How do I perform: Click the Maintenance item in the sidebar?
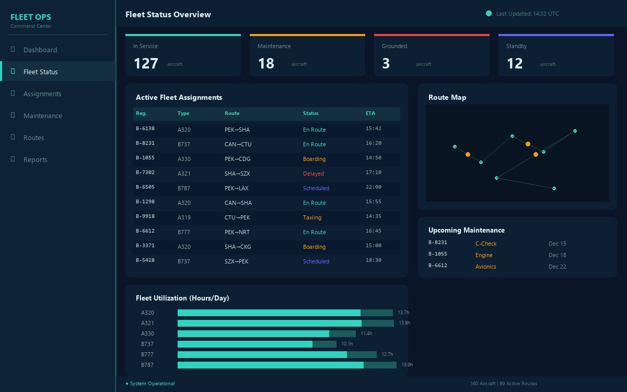42,116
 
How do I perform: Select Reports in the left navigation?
35,160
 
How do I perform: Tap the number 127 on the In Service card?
146,63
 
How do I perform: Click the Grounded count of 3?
386,63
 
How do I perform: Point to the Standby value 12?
515,63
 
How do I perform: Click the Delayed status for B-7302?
313,174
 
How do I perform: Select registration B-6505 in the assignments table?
145,187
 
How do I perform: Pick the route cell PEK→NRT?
237,232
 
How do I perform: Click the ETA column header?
370,113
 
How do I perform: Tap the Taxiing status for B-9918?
312,217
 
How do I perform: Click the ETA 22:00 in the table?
373,187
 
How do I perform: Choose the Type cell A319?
184,217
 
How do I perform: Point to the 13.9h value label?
407,365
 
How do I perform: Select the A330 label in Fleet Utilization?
147,333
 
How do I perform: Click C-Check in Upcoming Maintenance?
486,244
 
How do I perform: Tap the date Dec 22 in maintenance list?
557,267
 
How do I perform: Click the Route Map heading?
447,98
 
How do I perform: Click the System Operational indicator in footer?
150,384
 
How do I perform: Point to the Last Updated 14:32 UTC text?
527,14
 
